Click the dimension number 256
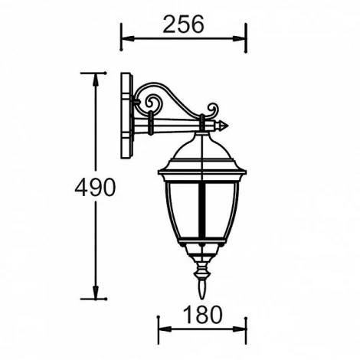pyautogui.click(x=184, y=25)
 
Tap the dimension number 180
pyautogui.click(x=202, y=314)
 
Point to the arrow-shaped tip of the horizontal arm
pyautogui.click(x=223, y=123)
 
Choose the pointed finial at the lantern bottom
pyautogui.click(x=202, y=290)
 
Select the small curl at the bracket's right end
pyautogui.click(x=211, y=110)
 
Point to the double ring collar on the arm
pyautogui.click(x=153, y=121)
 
